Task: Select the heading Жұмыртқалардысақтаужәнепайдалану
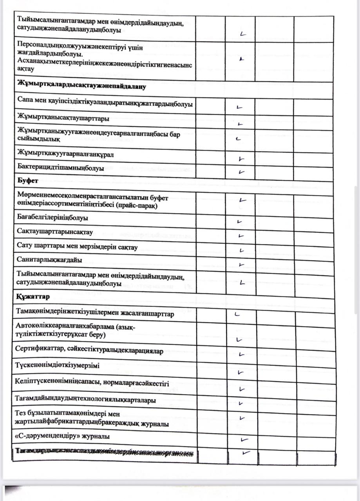(x=81, y=87)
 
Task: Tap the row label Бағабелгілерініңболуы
(x=52, y=217)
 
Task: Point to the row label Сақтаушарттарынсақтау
(x=55, y=232)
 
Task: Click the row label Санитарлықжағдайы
(x=49, y=260)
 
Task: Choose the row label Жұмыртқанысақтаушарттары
(x=63, y=118)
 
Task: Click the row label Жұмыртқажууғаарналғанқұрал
(x=65, y=155)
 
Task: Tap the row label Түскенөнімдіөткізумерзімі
(x=57, y=366)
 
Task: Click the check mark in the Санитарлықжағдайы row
(x=241, y=265)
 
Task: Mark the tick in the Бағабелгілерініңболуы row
(x=240, y=222)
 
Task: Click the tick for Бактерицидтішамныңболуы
(x=242, y=172)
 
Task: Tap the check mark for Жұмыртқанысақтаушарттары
(x=241, y=124)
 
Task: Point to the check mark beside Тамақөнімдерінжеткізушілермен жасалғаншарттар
(x=237, y=314)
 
